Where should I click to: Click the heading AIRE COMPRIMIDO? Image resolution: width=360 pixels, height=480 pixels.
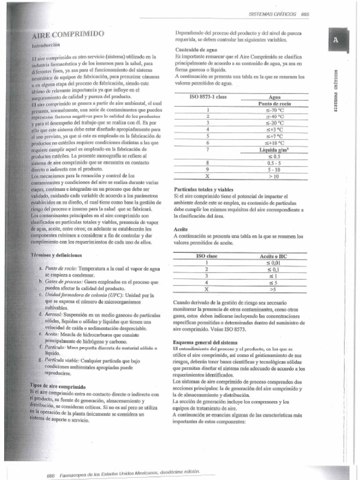[68, 35]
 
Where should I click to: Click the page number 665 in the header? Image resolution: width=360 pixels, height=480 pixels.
[305, 14]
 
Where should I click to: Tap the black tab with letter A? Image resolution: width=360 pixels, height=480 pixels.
[336, 41]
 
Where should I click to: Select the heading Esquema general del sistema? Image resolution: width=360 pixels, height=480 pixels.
[205, 342]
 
